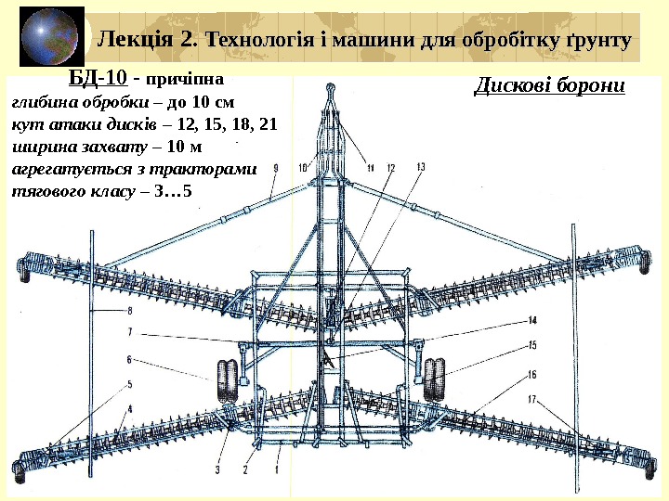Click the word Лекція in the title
pos(138,40)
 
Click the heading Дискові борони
pos(550,86)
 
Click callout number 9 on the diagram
pos(276,168)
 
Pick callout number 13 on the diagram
pos(420,167)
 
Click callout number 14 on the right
pos(532,320)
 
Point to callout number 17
pos(532,399)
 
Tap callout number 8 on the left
pos(130,311)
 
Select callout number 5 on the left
pos(130,383)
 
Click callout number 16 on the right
pos(532,374)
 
